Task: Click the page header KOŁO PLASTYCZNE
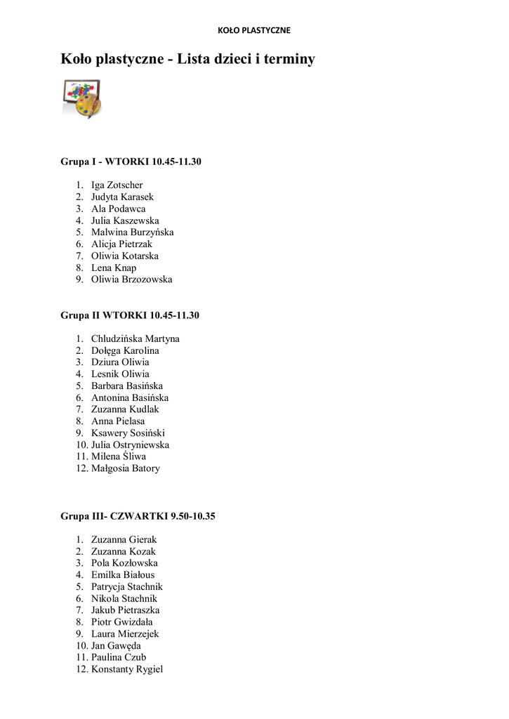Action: tap(253, 30)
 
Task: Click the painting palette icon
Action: tap(81, 98)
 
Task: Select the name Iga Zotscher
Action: tap(117, 185)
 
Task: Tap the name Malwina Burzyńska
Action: tap(132, 232)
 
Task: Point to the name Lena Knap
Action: tap(114, 268)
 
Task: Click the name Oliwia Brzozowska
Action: tap(131, 279)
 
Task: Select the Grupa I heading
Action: tap(131, 161)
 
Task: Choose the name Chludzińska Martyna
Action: tap(135, 338)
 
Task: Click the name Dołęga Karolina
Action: tap(125, 350)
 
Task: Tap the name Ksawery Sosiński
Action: tap(128, 433)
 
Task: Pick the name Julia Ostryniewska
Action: tap(130, 445)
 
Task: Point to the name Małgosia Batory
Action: tap(126, 468)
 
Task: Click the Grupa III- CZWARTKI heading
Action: tap(138, 516)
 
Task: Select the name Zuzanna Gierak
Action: tap(124, 539)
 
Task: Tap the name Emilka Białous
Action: tap(123, 575)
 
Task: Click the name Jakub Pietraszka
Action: tap(125, 610)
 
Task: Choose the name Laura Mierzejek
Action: tap(125, 634)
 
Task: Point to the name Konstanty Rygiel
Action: tap(127, 669)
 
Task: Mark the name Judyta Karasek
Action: tap(122, 197)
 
